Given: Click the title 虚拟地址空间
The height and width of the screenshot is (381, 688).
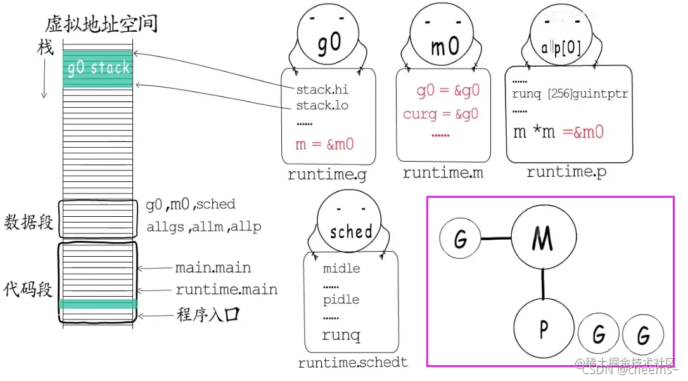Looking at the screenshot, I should (101, 24).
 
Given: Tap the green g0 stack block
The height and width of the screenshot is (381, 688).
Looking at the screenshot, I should (98, 68).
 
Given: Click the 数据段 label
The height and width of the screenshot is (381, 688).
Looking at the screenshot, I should (28, 223).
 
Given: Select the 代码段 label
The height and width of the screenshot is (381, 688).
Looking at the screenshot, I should (28, 290).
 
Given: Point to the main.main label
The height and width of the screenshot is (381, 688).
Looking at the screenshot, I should (213, 268).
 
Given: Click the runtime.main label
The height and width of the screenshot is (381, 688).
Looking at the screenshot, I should (226, 290).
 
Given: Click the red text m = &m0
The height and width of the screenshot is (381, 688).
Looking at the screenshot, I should (324, 145).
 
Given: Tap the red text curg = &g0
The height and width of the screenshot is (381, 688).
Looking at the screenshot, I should (440, 114).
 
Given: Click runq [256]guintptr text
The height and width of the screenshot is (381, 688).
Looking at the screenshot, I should (570, 94).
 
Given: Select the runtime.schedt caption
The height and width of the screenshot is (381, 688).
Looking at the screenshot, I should (353, 363).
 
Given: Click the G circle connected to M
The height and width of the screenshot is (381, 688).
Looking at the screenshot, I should (461, 239).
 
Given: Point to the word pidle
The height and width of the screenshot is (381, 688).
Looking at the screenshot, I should (341, 299).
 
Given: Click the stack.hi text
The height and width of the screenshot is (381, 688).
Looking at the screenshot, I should (322, 89).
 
